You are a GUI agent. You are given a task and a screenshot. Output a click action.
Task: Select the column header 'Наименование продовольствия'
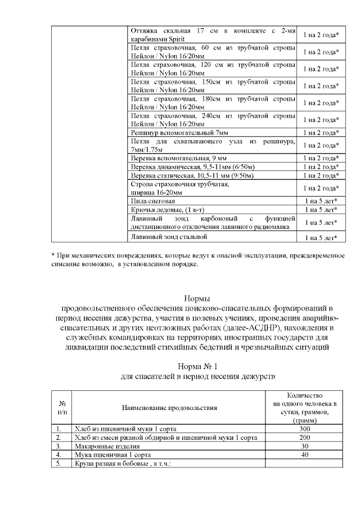[169, 407]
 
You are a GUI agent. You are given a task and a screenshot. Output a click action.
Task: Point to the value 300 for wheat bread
[304, 429]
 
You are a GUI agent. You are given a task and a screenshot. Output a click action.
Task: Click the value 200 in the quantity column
[304, 437]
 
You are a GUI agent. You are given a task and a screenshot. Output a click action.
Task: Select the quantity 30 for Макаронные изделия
[304, 446]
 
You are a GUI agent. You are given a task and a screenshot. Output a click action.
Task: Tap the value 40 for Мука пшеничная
[304, 454]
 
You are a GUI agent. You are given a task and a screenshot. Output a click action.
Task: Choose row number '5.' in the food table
[59, 463]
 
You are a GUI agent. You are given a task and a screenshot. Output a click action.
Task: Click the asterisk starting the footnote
[53, 256]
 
